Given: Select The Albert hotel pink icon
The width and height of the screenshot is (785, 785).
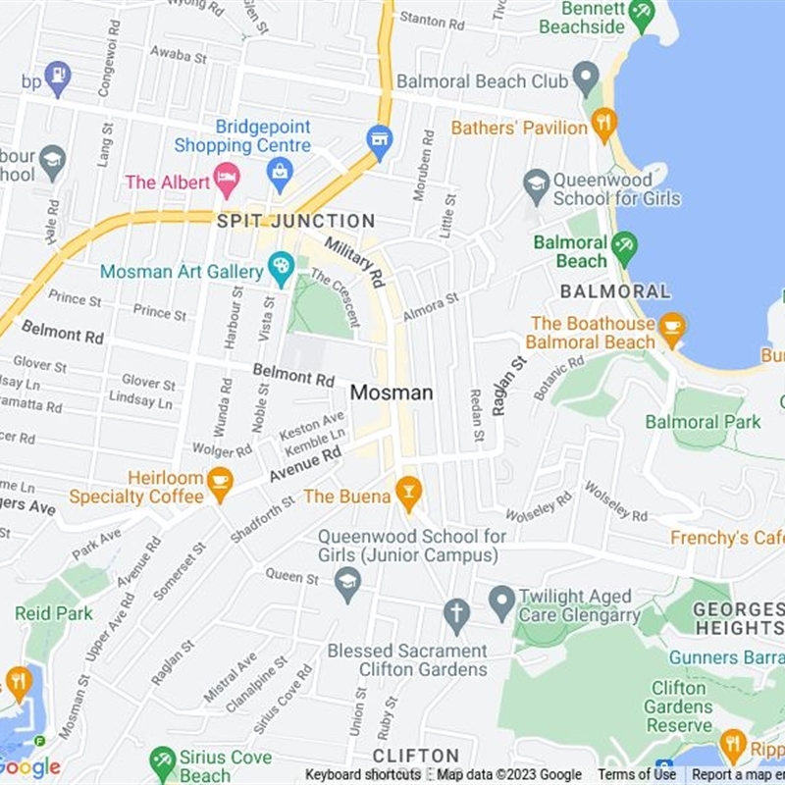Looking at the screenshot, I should [x=227, y=180].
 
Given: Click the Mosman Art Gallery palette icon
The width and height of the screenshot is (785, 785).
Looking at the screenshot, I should [x=282, y=267].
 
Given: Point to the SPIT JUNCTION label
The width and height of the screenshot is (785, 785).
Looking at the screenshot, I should [x=295, y=221].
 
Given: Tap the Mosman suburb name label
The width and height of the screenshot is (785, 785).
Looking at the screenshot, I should [x=392, y=392].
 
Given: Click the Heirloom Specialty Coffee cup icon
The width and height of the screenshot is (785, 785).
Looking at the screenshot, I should [x=220, y=483].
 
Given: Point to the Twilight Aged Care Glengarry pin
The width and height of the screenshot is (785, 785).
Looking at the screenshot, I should [x=501, y=600].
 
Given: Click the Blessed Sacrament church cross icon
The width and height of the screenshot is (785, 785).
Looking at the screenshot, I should [x=455, y=614].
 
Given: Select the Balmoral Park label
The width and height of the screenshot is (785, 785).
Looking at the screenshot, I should [x=703, y=422].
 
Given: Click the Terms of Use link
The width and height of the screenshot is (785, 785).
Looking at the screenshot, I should [x=636, y=775].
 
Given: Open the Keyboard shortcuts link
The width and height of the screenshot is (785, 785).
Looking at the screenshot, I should [x=363, y=775].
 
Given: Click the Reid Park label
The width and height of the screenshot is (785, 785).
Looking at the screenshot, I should [x=54, y=613].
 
